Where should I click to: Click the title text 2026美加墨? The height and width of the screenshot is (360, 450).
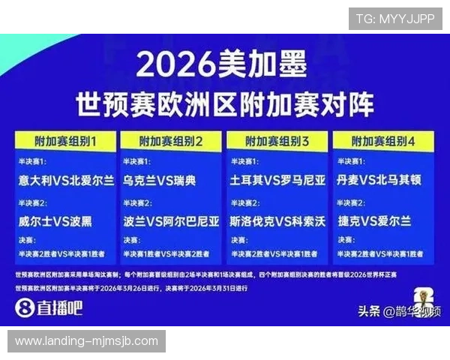222,67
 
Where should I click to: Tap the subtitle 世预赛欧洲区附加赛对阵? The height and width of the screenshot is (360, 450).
224,105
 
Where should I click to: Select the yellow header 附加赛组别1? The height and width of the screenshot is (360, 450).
65,141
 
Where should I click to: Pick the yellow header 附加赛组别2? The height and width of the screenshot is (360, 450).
172,141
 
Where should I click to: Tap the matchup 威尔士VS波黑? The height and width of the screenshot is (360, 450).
56,221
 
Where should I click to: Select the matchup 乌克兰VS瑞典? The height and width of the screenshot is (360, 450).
159,181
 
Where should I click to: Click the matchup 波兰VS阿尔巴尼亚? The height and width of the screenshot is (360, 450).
172,221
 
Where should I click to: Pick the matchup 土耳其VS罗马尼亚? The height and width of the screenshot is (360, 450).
278,181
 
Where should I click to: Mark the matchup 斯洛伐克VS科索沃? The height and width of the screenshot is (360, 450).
278,221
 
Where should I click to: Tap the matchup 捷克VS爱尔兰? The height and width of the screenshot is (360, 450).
374,221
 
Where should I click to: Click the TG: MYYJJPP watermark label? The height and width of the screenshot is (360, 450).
395,19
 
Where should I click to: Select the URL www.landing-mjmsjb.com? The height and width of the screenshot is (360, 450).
86,341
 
